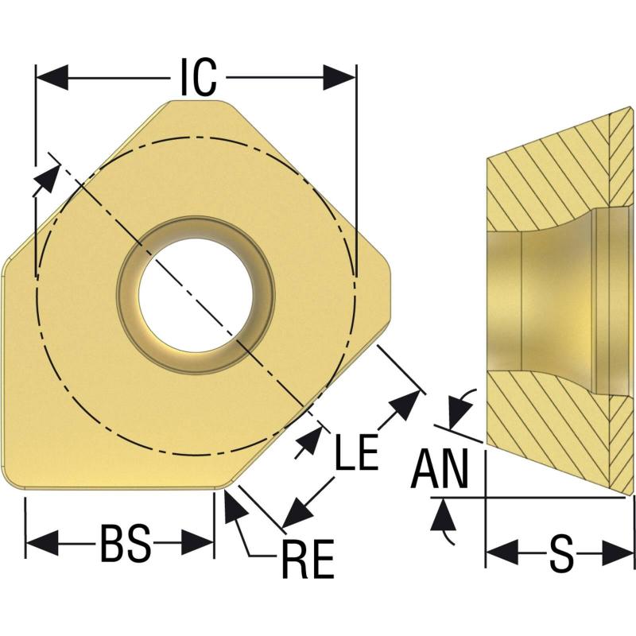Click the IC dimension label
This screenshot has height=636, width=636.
click(x=198, y=77)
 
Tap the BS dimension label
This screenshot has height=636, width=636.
click(x=125, y=543)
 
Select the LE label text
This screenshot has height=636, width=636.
click(x=357, y=452)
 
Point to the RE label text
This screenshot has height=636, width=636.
click(x=308, y=559)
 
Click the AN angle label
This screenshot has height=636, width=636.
click(x=440, y=468)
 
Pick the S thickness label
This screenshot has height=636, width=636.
click(x=562, y=553)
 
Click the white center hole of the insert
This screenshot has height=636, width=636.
click(x=196, y=294)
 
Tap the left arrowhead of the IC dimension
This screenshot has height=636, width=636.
click(x=52, y=77)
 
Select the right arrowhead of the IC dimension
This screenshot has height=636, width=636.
click(x=339, y=77)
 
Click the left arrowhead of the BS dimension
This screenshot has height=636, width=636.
click(x=42, y=543)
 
